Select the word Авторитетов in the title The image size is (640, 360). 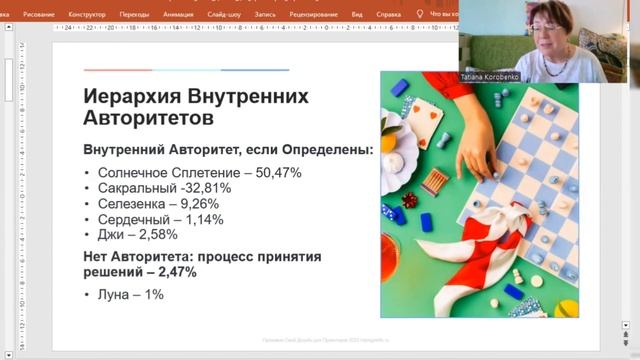point(148,119)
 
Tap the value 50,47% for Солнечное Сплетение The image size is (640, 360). point(278,173)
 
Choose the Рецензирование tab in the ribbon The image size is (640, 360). point(328,15)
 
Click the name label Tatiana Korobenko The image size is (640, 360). point(487,76)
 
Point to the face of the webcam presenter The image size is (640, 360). point(548,30)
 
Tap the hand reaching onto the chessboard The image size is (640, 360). point(486,150)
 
